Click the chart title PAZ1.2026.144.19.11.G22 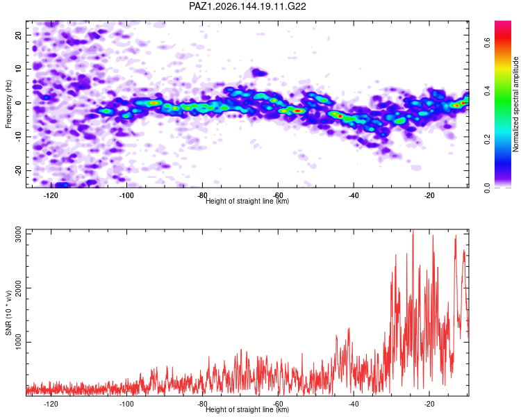click(x=247, y=6)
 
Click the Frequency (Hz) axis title click(x=8, y=104)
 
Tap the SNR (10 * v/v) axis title click(x=8, y=313)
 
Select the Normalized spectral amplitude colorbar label click(x=515, y=104)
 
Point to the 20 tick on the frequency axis click(x=19, y=35)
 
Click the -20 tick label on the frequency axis click(x=19, y=170)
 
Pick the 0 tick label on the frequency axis click(x=19, y=103)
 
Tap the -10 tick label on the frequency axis click(x=19, y=137)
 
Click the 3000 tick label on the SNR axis click(x=19, y=234)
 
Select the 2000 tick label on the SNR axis click(x=19, y=288)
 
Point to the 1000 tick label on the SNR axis click(x=19, y=342)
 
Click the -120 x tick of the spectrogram click(x=51, y=195)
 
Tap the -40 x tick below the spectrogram click(x=354, y=195)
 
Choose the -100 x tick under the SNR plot click(x=126, y=404)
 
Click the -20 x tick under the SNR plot click(x=429, y=404)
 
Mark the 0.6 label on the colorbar click(x=487, y=42)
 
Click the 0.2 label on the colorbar click(x=487, y=140)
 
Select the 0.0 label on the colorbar click(x=487, y=188)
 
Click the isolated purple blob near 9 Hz click(x=258, y=72)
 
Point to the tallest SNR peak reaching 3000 click(x=413, y=231)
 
